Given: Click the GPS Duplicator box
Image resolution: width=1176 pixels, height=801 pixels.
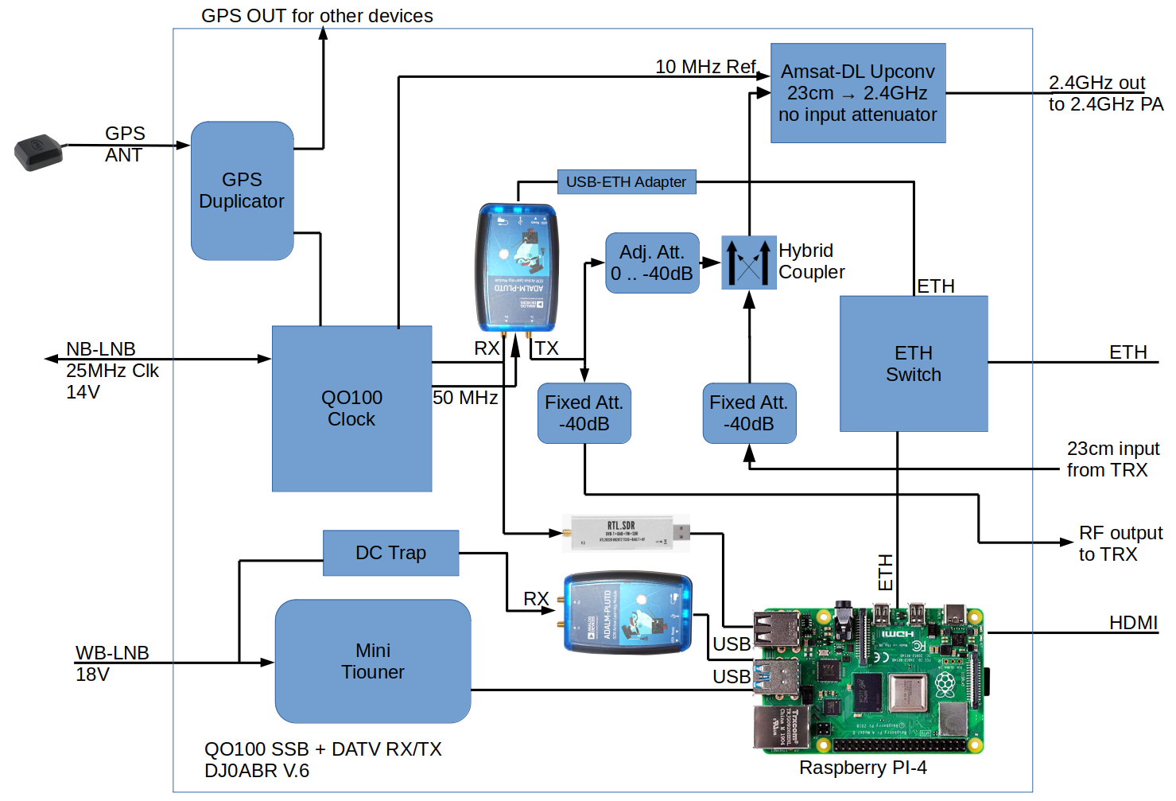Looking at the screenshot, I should click(x=242, y=191).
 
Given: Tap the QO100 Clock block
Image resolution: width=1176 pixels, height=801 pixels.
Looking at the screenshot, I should click(x=351, y=409).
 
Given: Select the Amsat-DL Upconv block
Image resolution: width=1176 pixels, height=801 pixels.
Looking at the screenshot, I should click(x=858, y=93).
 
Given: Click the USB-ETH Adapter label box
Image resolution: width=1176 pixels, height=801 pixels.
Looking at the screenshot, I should click(x=626, y=182).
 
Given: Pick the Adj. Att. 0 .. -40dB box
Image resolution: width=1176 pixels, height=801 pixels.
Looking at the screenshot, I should click(x=652, y=263).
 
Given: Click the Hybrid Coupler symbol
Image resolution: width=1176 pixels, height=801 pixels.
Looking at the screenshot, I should click(x=748, y=262).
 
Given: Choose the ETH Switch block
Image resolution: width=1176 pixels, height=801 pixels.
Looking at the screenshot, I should click(x=914, y=364).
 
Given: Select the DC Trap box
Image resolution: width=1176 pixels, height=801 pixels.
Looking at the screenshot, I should click(x=390, y=553).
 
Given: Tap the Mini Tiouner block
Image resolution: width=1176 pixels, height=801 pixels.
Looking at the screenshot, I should click(x=372, y=661).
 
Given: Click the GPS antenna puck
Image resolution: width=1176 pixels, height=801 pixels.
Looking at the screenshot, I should click(x=38, y=153).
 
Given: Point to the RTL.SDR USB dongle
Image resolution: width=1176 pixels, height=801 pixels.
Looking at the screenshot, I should click(x=626, y=533).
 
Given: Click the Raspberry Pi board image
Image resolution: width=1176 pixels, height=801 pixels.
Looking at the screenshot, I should click(x=868, y=681).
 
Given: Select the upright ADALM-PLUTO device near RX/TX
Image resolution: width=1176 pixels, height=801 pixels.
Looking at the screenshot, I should click(x=517, y=267).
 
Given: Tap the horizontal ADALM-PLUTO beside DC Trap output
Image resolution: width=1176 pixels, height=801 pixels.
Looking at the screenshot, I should click(x=627, y=613).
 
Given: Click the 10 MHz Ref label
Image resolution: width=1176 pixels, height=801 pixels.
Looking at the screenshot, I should click(x=704, y=67).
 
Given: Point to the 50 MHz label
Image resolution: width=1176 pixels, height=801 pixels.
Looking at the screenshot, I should click(x=465, y=398).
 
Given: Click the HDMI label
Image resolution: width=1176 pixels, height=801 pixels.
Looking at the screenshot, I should click(x=1133, y=623).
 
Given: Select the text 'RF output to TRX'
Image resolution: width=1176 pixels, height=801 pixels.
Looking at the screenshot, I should click(x=1120, y=543).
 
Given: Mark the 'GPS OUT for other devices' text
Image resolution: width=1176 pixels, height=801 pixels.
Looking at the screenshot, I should click(x=316, y=16).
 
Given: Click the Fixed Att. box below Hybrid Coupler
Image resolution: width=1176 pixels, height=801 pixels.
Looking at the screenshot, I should click(x=749, y=414).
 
